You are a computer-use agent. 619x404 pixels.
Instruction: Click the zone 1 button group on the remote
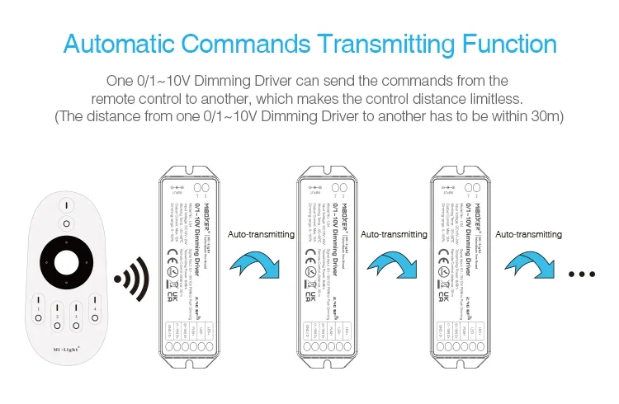(x=38, y=311)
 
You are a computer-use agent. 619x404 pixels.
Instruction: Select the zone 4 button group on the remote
(x=96, y=311)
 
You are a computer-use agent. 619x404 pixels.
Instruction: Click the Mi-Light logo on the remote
(x=67, y=350)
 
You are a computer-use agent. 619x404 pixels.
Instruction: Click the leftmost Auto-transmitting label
(x=261, y=235)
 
